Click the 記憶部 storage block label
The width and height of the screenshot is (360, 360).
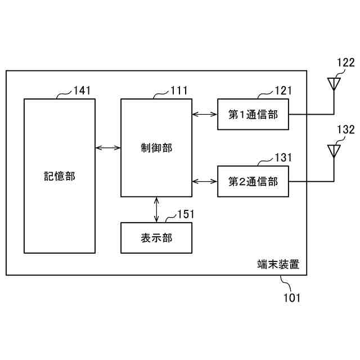click(x=60, y=176)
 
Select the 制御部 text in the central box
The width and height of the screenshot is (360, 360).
click(x=156, y=148)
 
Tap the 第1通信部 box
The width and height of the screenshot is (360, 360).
click(x=253, y=114)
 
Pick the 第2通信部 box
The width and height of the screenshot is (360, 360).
click(x=253, y=181)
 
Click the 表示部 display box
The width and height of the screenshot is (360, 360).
click(x=156, y=237)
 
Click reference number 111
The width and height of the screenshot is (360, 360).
click(x=179, y=90)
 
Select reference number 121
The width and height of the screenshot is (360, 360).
click(x=283, y=90)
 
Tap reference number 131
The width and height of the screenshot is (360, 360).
click(x=283, y=157)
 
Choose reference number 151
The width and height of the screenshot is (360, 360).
click(x=186, y=214)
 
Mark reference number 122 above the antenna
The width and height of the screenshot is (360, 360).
click(x=346, y=62)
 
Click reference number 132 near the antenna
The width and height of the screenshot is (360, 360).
click(x=346, y=129)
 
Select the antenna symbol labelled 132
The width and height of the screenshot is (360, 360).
click(x=334, y=151)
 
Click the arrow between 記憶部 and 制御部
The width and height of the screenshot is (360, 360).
click(x=109, y=148)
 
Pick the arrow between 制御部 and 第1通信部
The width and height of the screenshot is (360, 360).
click(x=205, y=114)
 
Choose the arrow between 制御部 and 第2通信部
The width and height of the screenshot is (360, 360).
click(x=205, y=181)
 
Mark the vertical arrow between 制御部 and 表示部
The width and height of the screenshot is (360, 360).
click(x=156, y=210)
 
